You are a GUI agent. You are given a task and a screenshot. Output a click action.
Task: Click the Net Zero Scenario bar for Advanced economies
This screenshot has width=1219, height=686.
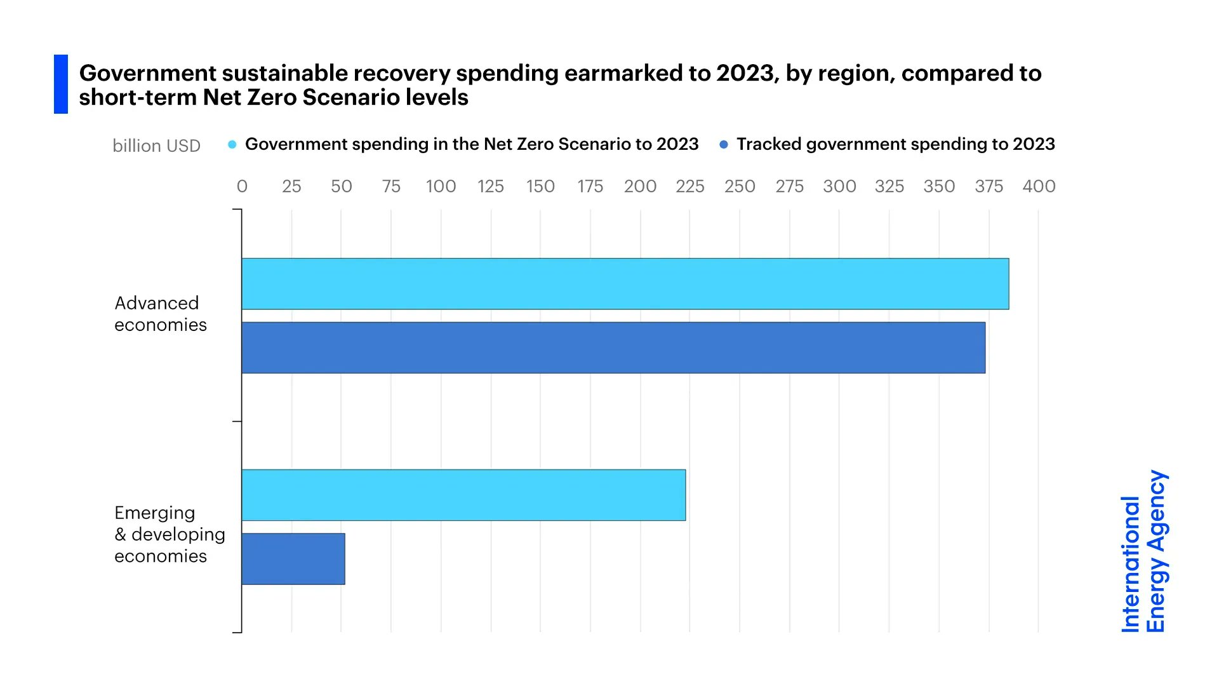click(x=625, y=284)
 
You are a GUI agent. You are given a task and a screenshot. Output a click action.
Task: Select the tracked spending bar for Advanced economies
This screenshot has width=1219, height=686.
click(x=613, y=347)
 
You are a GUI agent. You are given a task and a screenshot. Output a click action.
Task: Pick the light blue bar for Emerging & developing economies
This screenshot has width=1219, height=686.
click(x=463, y=495)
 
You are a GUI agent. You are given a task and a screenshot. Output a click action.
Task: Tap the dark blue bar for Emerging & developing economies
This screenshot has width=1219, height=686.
click(x=293, y=559)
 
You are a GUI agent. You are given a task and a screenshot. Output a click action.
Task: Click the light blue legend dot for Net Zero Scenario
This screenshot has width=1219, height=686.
click(x=232, y=145)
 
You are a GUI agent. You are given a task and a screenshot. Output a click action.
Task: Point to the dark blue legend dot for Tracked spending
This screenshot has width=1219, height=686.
click(x=723, y=145)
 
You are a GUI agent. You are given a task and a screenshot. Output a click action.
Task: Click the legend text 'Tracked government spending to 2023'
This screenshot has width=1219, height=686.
click(x=895, y=144)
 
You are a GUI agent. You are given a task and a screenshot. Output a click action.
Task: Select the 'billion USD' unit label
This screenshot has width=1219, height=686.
click(x=156, y=146)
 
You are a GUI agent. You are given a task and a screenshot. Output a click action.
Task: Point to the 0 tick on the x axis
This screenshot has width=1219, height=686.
click(x=242, y=186)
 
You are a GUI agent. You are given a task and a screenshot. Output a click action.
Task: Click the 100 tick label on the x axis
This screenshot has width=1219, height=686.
click(x=441, y=186)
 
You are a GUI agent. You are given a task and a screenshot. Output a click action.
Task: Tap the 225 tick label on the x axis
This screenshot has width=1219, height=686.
click(x=689, y=186)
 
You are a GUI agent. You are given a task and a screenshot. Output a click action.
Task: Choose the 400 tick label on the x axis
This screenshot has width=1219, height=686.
click(x=1039, y=186)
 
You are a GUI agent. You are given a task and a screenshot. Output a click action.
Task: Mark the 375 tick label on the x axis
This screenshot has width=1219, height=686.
click(x=989, y=186)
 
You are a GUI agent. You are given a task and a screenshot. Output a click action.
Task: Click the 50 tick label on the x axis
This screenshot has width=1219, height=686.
click(x=341, y=186)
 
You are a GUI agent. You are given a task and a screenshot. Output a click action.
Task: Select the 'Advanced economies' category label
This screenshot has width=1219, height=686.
click(x=161, y=314)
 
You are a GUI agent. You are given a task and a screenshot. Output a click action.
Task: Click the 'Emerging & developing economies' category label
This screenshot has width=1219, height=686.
click(x=169, y=534)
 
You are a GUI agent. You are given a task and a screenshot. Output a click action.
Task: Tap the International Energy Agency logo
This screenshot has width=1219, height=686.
click(x=1143, y=551)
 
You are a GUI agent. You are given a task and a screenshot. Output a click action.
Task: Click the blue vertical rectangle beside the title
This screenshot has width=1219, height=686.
click(x=61, y=84)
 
